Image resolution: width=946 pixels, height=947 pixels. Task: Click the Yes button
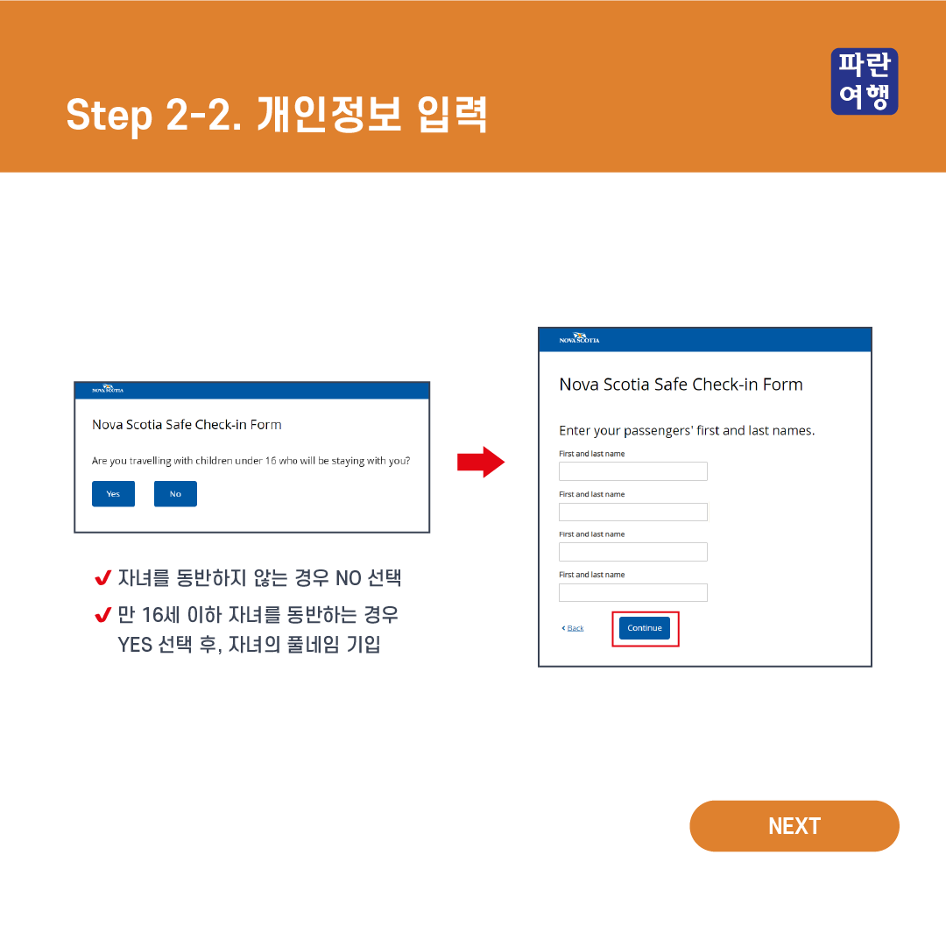coord(113,493)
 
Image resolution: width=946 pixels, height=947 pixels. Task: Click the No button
coord(175,493)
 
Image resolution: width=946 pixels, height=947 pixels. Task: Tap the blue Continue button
coord(644,628)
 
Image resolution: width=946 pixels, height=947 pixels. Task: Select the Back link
coord(573,628)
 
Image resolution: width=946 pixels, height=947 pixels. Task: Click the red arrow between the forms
coord(481,462)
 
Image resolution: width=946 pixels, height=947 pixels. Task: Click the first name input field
coord(632,471)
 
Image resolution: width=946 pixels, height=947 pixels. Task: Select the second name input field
coord(632,512)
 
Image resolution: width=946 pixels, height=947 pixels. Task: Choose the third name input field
coord(632,552)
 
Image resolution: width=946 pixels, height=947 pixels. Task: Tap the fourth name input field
coord(632,592)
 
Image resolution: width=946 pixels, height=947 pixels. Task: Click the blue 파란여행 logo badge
coord(865,81)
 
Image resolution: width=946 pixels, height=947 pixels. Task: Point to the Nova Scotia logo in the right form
coord(579,338)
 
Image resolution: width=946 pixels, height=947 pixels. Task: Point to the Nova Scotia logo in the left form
coord(108,389)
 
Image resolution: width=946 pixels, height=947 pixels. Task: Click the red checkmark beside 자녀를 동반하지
coord(103,578)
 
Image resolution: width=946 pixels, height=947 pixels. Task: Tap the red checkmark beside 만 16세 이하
coord(103,615)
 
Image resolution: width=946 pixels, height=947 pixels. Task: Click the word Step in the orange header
coord(109,116)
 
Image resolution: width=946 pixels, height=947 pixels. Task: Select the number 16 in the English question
coord(271,461)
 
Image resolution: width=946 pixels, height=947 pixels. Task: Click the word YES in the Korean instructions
coord(135,645)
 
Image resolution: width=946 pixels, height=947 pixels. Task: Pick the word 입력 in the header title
coord(452,114)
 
